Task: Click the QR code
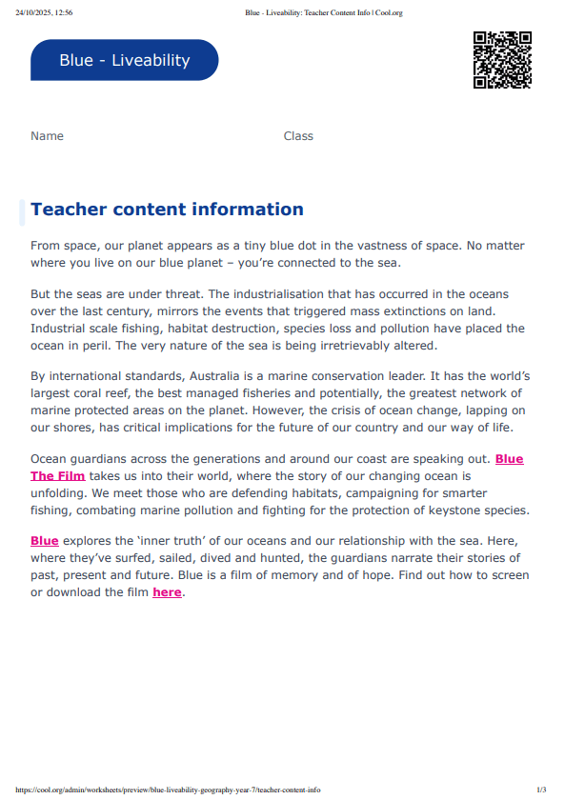coord(502,60)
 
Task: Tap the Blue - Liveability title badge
coord(125,60)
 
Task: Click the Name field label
coord(47,136)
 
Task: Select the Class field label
coord(298,136)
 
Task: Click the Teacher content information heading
coord(167,210)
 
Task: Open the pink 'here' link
coord(166,592)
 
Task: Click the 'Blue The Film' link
coord(58,475)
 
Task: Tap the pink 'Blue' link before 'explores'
coord(45,541)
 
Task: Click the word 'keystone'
coord(450,510)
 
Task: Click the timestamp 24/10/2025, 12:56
coord(44,13)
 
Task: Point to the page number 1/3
coord(541,790)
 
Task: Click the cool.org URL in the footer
coord(168,790)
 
